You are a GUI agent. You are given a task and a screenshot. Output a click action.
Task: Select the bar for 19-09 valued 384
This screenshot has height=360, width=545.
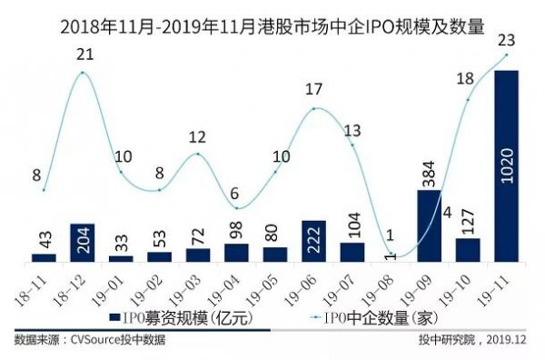pos(430,225)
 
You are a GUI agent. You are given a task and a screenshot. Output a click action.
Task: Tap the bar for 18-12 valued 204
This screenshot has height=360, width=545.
pos(83,243)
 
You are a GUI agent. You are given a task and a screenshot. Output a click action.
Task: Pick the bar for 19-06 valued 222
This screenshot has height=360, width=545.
pos(313,241)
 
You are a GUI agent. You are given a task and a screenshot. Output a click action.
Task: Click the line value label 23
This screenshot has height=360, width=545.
pos(509,39)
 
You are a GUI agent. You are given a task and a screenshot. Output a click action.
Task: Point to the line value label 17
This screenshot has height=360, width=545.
pos(313,90)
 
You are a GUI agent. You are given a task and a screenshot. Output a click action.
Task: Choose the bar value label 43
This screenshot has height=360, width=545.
pos(45,239)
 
